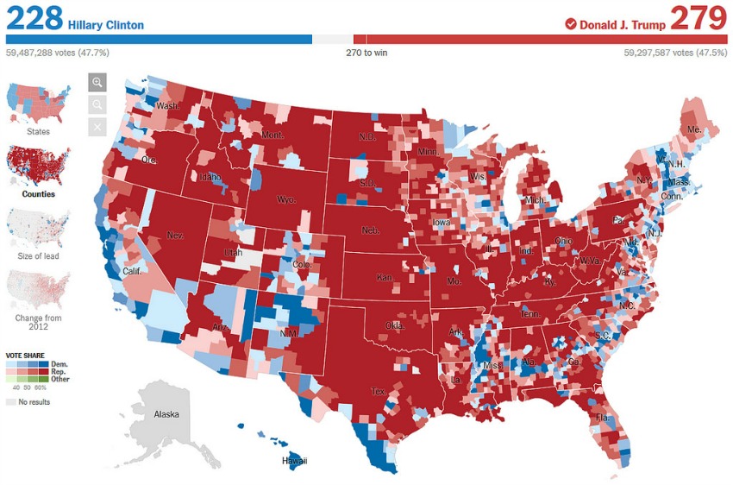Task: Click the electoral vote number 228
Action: (34, 17)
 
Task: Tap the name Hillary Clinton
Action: (105, 25)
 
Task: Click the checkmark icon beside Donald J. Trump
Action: (570, 24)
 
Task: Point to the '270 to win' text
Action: (366, 53)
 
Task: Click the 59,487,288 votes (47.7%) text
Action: (58, 53)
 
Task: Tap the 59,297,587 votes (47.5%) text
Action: (675, 53)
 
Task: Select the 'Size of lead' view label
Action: (38, 256)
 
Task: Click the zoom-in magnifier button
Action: (97, 83)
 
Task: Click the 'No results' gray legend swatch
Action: (11, 402)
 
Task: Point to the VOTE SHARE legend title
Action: (26, 356)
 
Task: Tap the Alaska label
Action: (166, 414)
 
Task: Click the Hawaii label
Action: (294, 461)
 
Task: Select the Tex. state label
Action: (379, 391)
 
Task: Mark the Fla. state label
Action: (602, 418)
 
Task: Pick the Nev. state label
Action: (175, 235)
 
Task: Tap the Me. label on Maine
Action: (693, 130)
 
